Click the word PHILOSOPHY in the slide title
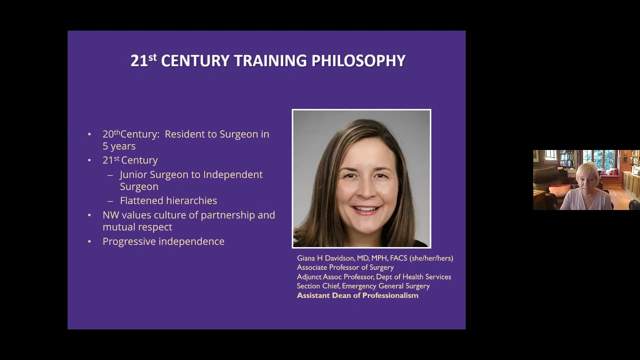(x=358, y=61)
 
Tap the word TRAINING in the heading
(x=270, y=61)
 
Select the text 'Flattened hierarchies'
(x=168, y=200)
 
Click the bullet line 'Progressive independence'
(x=163, y=241)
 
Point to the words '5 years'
(x=119, y=146)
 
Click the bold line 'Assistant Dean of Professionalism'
(x=357, y=295)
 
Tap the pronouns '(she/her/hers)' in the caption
(x=431, y=258)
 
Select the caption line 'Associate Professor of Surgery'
(x=345, y=267)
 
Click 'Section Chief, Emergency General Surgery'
(x=363, y=286)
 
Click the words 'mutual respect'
(x=137, y=227)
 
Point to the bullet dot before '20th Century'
(x=89, y=134)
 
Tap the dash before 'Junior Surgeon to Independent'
(x=110, y=175)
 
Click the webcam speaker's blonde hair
(x=587, y=169)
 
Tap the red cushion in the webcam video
(x=559, y=190)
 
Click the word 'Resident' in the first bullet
(x=184, y=134)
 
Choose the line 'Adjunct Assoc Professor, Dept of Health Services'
(x=374, y=277)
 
